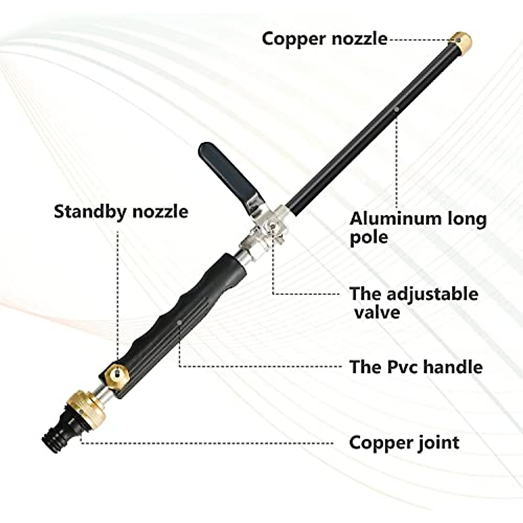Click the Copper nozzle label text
(x=324, y=39)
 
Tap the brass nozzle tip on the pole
(x=460, y=42)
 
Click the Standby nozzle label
(x=121, y=212)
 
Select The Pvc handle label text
(x=416, y=367)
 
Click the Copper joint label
(x=404, y=443)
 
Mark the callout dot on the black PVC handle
(x=180, y=322)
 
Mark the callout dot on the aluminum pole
(x=396, y=109)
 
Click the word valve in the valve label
(x=377, y=312)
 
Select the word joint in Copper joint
(x=437, y=443)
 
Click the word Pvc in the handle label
(x=397, y=367)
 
